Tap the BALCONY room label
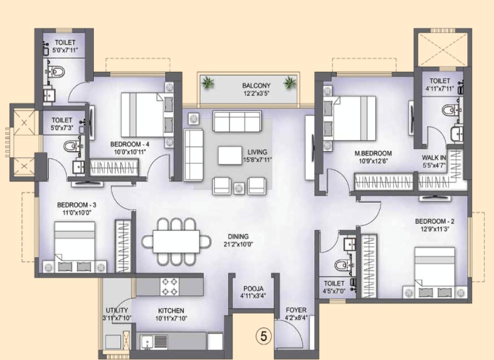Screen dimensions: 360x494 pyautogui.click(x=256, y=86)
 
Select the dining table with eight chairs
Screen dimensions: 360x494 pyautogui.click(x=171, y=241)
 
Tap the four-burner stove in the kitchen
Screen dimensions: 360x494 pyautogui.click(x=169, y=287)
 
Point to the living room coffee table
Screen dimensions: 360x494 pyautogui.click(x=228, y=153)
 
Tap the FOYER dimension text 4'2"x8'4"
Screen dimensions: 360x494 pyautogui.click(x=296, y=318)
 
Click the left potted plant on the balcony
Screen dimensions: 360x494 pyautogui.click(x=207, y=83)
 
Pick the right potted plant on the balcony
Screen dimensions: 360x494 pyautogui.click(x=290, y=83)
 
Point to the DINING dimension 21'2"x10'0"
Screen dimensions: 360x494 pyautogui.click(x=238, y=244)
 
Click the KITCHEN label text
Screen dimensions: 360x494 pyautogui.click(x=171, y=310)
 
